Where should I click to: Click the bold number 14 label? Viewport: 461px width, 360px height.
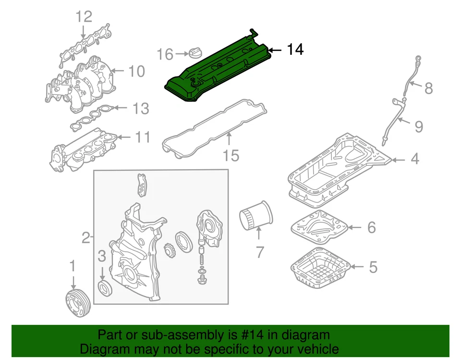(x=295, y=50)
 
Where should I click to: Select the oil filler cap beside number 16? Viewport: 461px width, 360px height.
(x=196, y=53)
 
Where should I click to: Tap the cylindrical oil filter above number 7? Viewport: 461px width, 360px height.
(x=256, y=216)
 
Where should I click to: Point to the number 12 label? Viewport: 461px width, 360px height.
(x=83, y=18)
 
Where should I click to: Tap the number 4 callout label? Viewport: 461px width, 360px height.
(x=414, y=159)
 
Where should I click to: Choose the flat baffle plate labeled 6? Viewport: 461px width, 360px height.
(x=319, y=227)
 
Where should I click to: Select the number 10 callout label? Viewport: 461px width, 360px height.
(x=136, y=72)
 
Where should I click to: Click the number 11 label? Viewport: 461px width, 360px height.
(x=142, y=138)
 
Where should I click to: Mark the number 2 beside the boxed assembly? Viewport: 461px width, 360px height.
(x=85, y=237)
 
